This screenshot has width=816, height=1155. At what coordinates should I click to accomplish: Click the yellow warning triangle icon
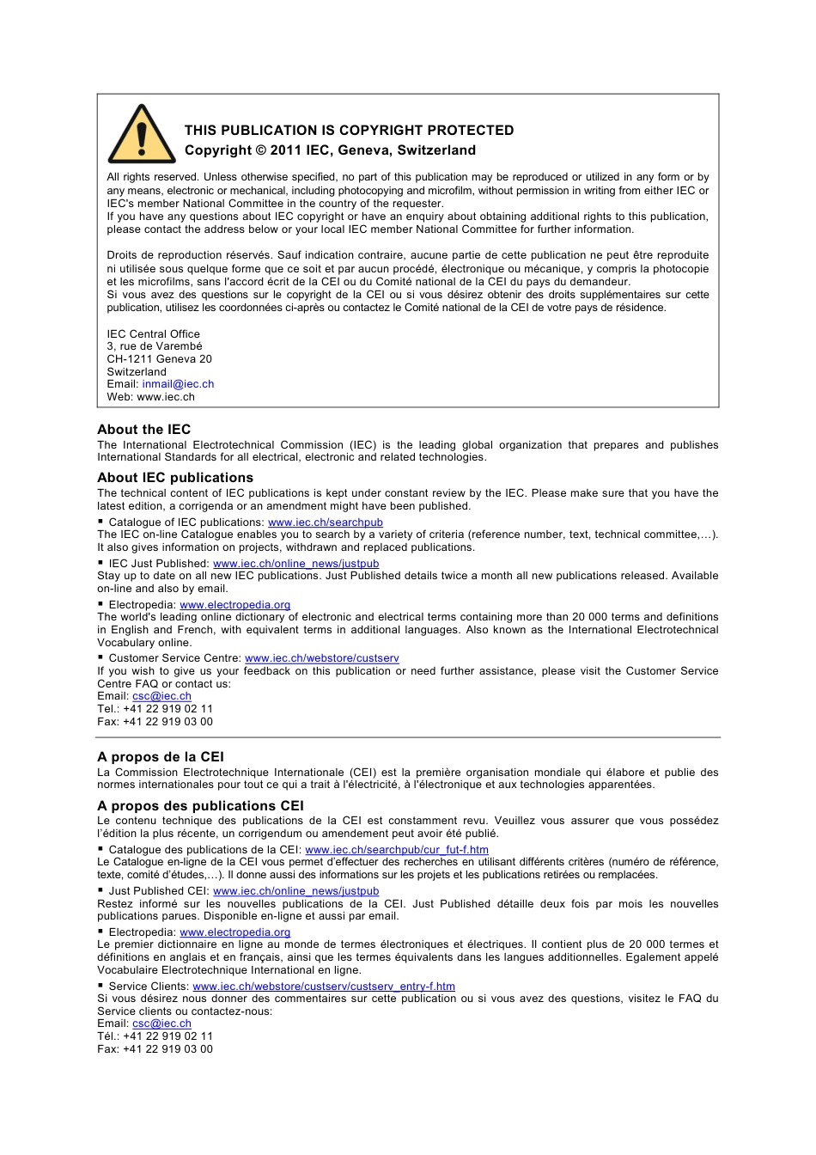tap(142, 136)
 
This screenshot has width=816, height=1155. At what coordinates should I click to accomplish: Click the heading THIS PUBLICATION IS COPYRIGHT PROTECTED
tap(349, 131)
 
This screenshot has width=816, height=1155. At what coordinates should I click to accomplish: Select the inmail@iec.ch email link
tap(178, 384)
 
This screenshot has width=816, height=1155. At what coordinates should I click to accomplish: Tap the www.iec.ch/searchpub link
tap(325, 522)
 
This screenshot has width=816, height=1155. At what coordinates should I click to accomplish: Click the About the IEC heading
tap(143, 430)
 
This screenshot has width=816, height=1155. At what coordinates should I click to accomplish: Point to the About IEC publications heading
tap(175, 478)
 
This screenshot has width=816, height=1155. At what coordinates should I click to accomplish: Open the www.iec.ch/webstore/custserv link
tap(321, 658)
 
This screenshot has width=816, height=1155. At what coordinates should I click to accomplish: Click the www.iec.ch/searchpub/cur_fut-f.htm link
tap(396, 850)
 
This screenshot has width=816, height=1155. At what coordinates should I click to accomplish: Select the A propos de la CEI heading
tap(160, 757)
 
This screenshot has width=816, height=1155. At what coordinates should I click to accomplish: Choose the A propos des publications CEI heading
tap(200, 806)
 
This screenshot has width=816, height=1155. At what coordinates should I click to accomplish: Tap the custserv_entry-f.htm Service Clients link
tap(324, 987)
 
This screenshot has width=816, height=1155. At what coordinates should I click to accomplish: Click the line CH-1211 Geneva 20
tap(159, 359)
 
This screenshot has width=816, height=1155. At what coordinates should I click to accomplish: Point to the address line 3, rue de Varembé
tap(155, 346)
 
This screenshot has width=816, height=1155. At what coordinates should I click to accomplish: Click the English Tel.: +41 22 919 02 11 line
tap(155, 709)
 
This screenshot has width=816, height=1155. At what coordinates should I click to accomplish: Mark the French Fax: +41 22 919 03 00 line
tap(155, 1049)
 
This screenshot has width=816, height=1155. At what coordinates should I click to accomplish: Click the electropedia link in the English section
tap(234, 605)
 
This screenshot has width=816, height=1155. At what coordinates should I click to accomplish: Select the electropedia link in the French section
tap(234, 932)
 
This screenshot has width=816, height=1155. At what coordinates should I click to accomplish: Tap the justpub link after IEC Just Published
tap(295, 564)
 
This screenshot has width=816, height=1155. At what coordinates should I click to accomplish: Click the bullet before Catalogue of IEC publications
tap(100, 522)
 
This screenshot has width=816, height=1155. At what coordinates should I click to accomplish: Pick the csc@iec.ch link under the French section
tap(161, 1024)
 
